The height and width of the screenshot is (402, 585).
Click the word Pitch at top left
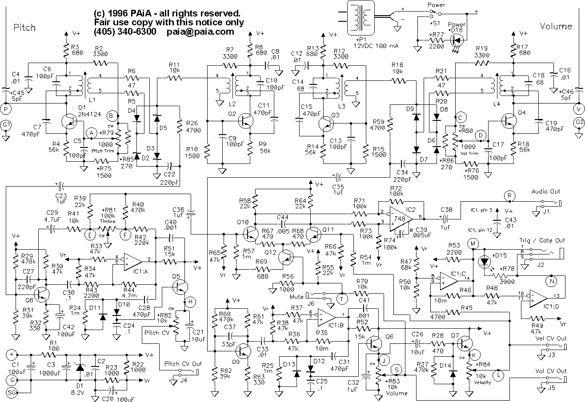click(x=24, y=28)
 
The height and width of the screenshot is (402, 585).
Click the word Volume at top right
click(x=556, y=26)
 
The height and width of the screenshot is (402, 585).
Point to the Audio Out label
click(x=546, y=191)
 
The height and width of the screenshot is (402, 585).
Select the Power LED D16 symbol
click(x=456, y=39)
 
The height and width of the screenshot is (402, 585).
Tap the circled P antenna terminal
click(x=6, y=108)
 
